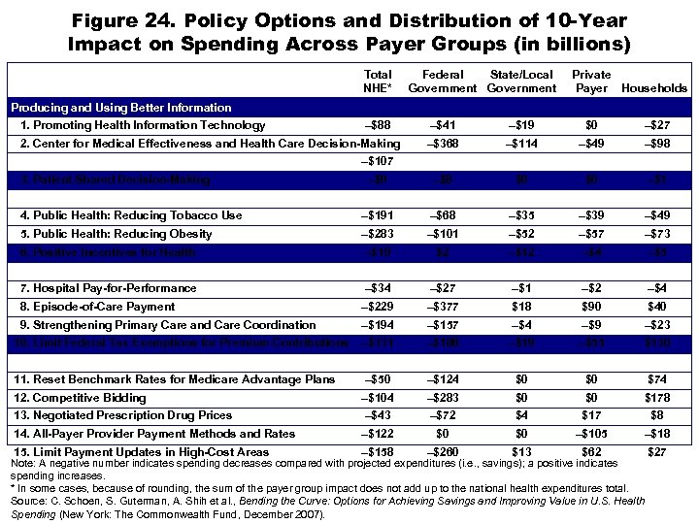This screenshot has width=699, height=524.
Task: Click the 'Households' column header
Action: [x=654, y=88]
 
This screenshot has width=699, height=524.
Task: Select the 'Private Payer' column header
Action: [x=591, y=81]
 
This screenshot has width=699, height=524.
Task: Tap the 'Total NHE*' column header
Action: [x=378, y=81]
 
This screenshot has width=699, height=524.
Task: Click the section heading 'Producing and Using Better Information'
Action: [x=120, y=108]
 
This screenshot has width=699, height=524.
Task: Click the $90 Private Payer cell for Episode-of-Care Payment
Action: [x=591, y=307]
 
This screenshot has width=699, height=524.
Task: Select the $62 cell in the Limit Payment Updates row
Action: [x=591, y=452]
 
